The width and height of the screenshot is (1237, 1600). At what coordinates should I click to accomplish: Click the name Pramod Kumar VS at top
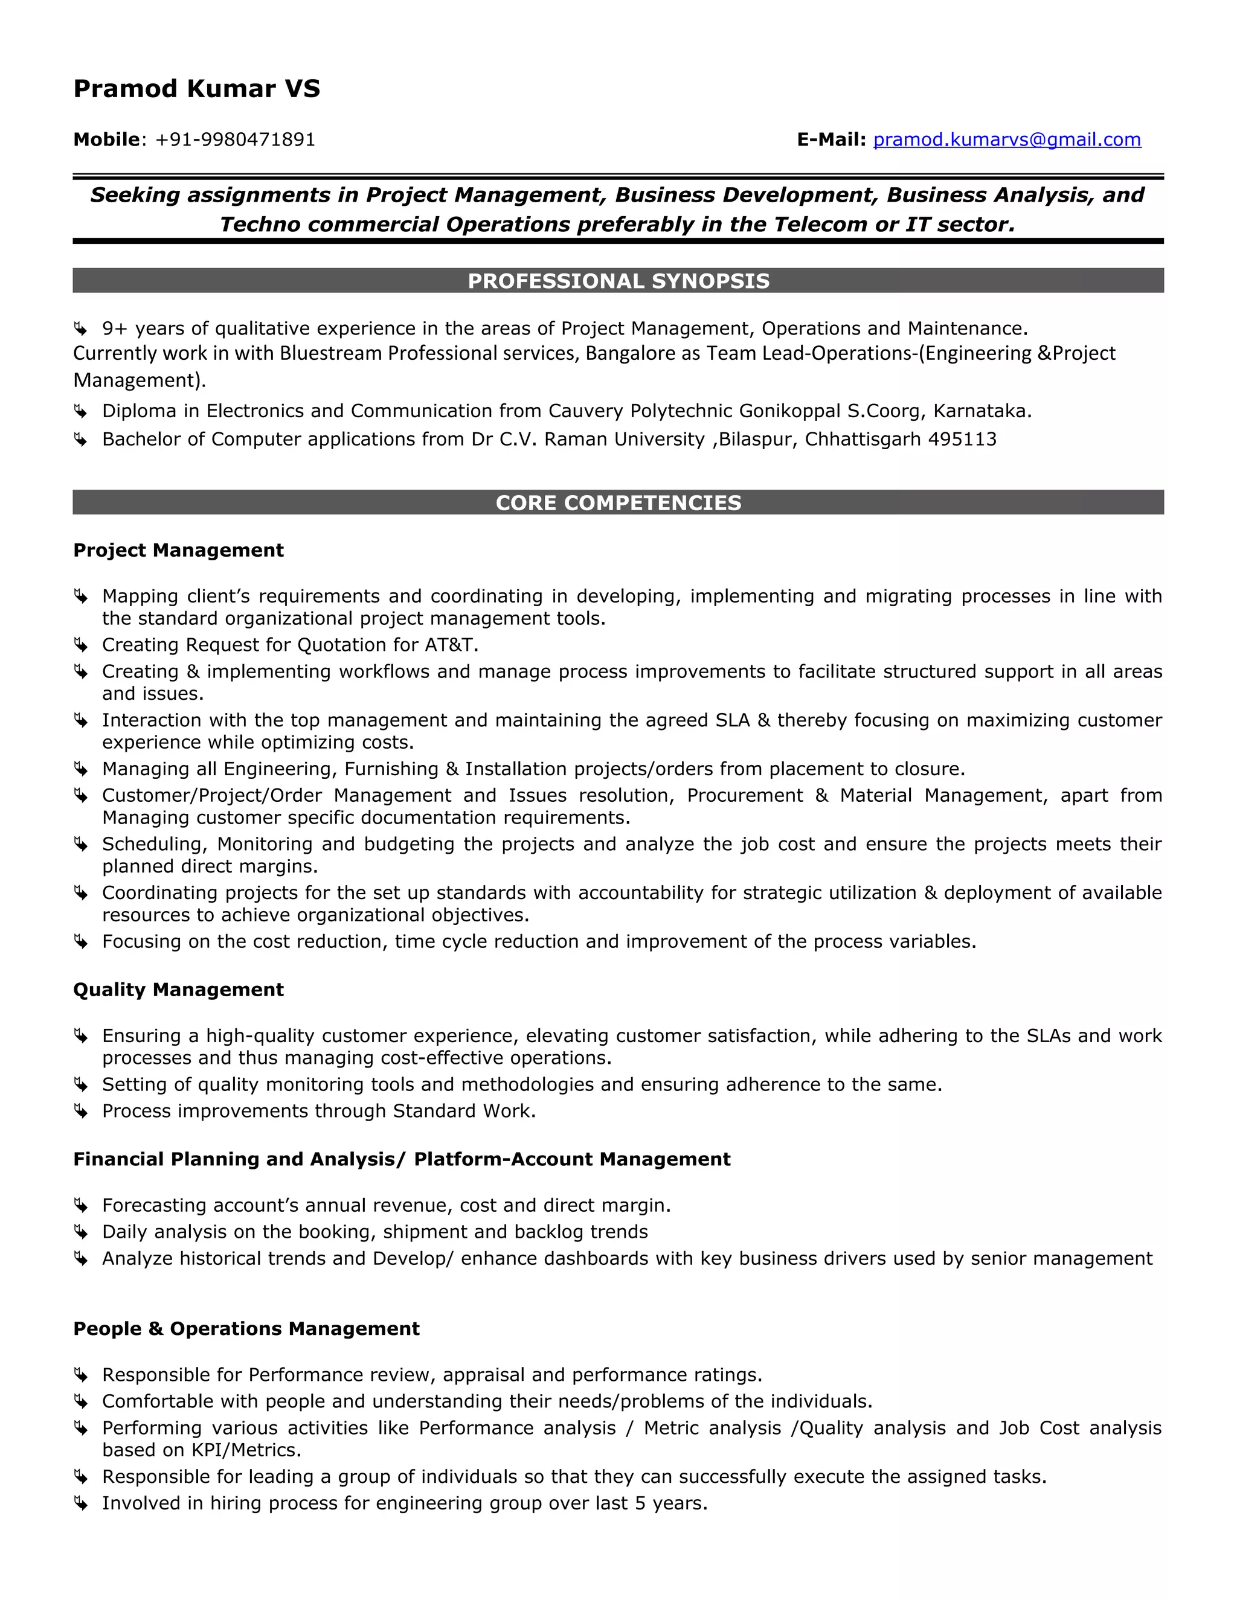click(196, 89)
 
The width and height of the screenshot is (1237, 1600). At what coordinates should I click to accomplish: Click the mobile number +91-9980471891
click(235, 140)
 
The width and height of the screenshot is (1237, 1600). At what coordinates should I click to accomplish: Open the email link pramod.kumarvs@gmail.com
click(1006, 139)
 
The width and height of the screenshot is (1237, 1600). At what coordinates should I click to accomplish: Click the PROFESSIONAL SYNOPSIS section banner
click(618, 281)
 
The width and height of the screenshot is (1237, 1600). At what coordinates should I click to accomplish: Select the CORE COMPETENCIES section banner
click(618, 502)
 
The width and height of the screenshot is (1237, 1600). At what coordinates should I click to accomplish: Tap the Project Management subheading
click(178, 550)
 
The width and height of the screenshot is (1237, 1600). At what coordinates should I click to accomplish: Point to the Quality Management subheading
click(178, 990)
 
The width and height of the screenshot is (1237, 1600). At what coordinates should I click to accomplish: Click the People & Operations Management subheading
click(246, 1329)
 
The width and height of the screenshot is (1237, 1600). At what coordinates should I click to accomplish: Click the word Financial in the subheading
click(119, 1159)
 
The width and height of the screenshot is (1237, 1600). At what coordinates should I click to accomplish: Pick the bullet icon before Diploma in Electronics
click(80, 412)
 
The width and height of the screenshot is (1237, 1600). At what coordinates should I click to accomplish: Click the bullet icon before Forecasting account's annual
click(80, 1206)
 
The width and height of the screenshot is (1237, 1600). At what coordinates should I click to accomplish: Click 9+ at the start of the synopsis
click(115, 328)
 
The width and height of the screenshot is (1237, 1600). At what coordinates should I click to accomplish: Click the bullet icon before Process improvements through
click(80, 1112)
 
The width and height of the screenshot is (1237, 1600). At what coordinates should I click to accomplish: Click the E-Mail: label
click(831, 139)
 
